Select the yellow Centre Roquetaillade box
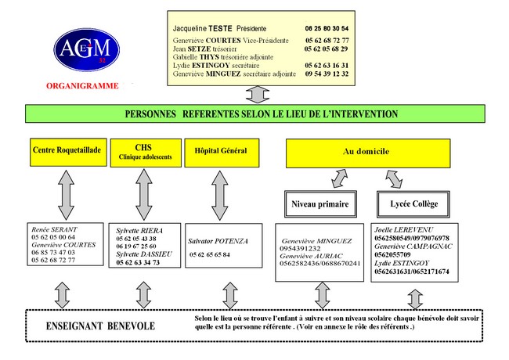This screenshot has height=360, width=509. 67,150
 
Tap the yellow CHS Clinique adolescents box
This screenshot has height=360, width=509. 143,151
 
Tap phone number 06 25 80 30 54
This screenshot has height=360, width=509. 326,27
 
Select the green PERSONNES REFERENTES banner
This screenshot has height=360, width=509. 255,114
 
